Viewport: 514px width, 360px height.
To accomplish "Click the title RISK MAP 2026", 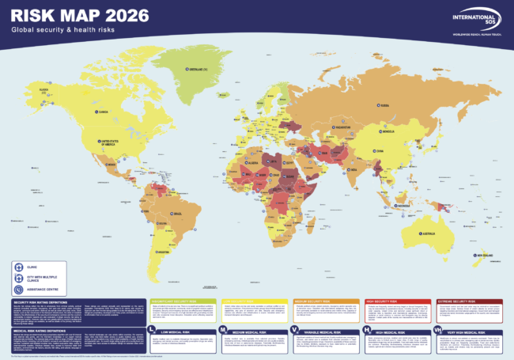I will click(63, 14).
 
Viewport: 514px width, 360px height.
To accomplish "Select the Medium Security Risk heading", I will click(314, 301).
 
